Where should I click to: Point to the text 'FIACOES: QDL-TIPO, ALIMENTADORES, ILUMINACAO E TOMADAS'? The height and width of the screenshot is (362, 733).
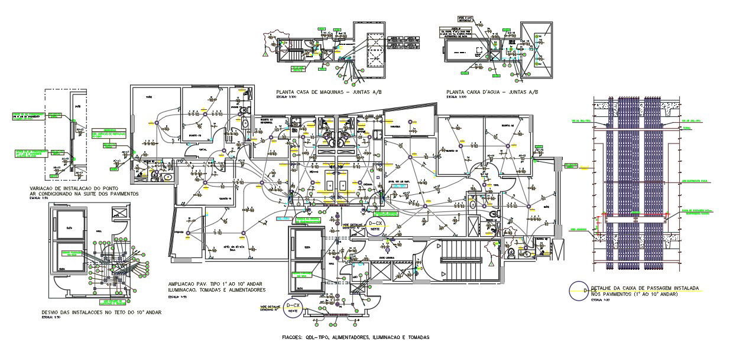click(355, 337)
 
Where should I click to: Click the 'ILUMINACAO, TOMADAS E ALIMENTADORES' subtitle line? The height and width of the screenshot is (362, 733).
click(216, 290)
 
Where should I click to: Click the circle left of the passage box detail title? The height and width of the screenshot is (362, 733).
click(576, 291)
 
